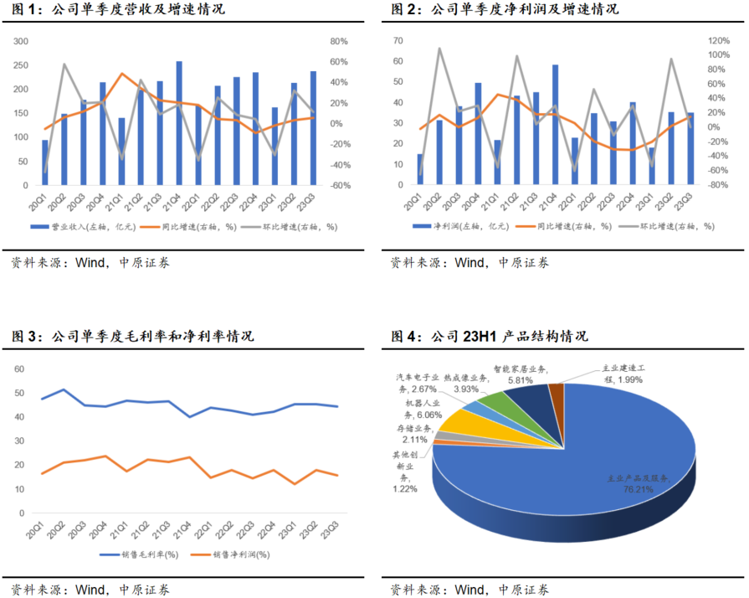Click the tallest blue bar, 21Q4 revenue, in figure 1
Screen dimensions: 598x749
click(179, 122)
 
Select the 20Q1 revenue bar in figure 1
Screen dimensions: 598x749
click(45, 162)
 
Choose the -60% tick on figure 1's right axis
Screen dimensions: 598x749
click(340, 185)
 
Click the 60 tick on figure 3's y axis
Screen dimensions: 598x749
click(21, 369)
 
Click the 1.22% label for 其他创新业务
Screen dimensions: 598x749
click(407, 488)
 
